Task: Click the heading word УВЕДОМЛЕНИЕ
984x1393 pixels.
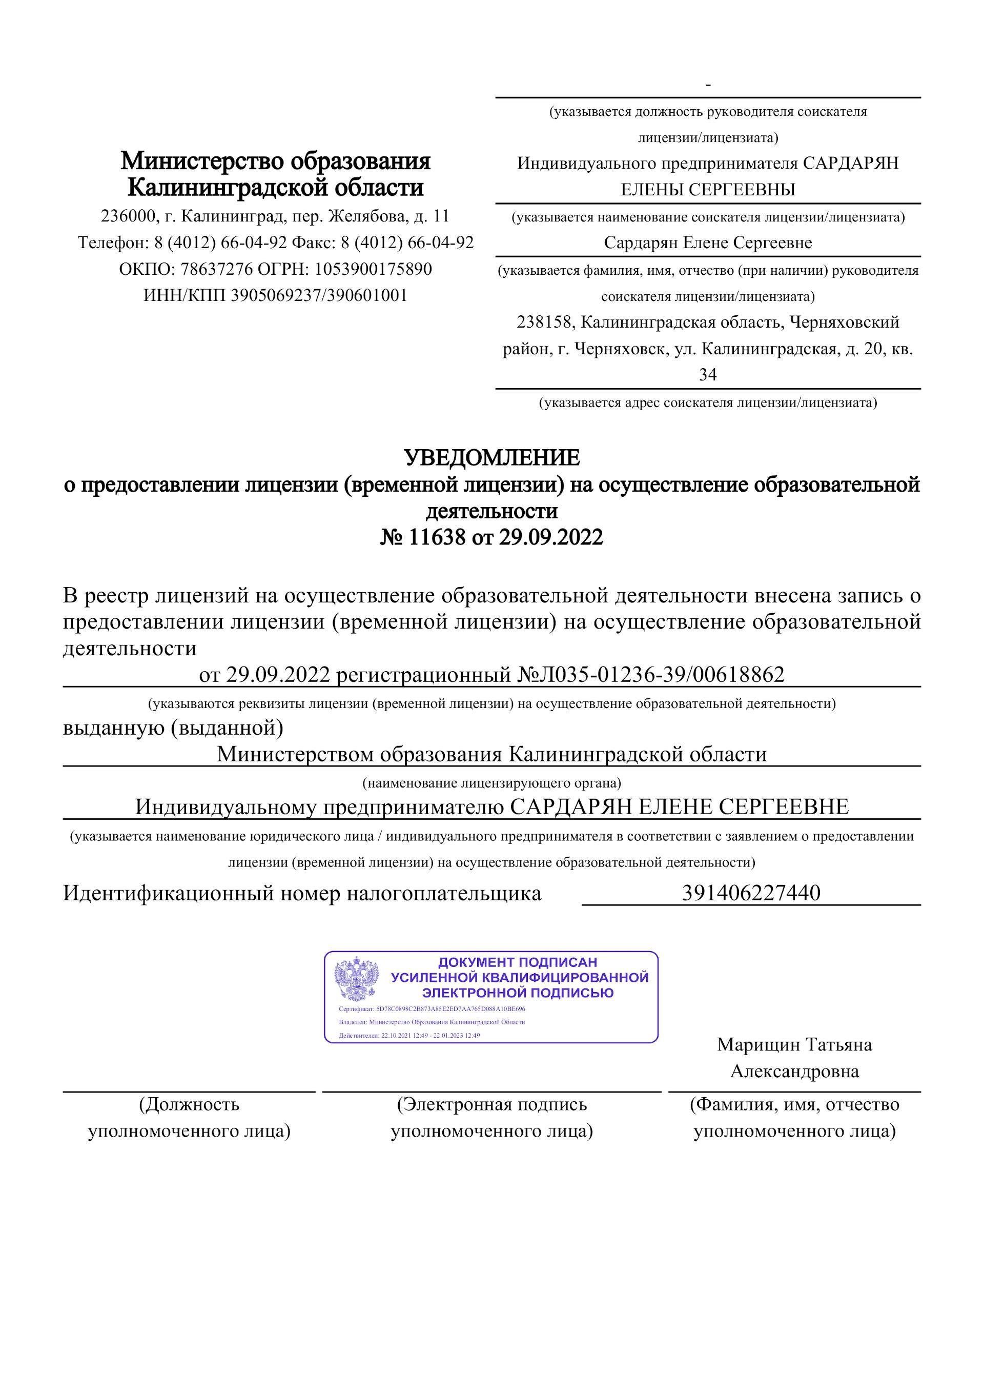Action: [x=491, y=457]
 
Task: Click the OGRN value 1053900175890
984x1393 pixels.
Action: [x=373, y=269]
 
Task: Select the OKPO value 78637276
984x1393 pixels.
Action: [x=211, y=269]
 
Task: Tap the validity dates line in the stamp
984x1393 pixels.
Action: [x=409, y=1036]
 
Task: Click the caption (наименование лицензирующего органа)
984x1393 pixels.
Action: [x=491, y=783]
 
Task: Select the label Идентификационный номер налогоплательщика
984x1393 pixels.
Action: [x=302, y=893]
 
